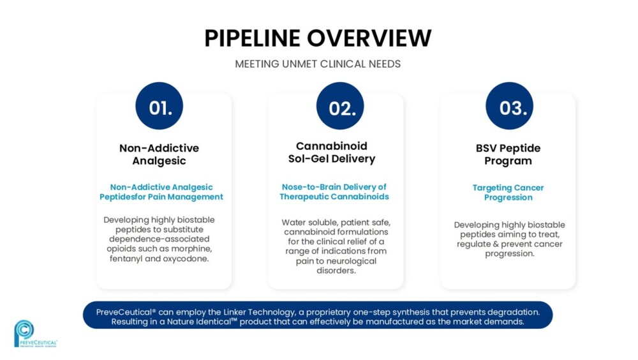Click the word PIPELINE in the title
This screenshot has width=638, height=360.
[252, 38]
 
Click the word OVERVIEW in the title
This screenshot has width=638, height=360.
[369, 38]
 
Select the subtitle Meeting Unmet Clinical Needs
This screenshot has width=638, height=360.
[318, 64]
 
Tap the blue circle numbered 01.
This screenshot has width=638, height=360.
[159, 106]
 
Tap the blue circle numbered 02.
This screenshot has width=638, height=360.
[340, 106]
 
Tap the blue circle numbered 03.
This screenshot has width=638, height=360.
[509, 106]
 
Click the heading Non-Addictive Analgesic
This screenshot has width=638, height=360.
[159, 154]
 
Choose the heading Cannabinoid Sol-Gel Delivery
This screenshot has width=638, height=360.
[332, 153]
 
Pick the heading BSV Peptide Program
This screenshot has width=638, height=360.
[508, 154]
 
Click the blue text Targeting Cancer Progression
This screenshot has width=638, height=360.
[508, 192]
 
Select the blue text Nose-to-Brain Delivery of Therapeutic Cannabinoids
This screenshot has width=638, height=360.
[334, 192]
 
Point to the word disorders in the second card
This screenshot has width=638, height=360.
[336, 271]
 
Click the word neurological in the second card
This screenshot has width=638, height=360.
[351, 261]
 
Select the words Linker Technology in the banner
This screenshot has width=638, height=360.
[259, 312]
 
